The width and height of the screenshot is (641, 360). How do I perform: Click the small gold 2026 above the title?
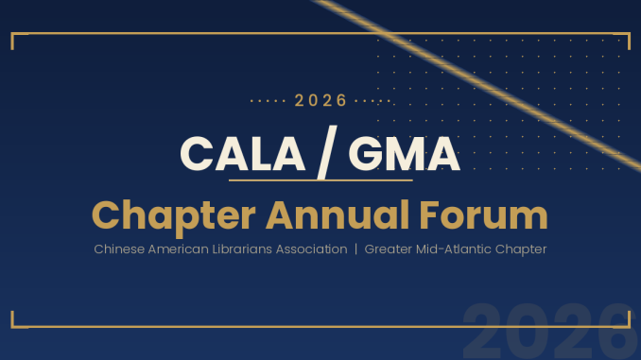[x=320, y=100]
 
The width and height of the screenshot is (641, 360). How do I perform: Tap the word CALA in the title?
[x=242, y=153]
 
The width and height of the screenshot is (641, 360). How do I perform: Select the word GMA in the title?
[x=405, y=153]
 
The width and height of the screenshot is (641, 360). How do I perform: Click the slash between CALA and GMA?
[x=327, y=153]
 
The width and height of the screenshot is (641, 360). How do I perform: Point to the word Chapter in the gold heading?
[x=174, y=216]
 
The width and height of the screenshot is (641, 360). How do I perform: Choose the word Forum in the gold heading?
[x=484, y=215]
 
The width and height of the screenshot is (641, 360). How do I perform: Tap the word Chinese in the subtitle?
[x=119, y=249]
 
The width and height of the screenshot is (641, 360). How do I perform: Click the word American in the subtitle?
[x=179, y=249]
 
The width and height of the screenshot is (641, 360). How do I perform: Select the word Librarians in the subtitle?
[x=242, y=249]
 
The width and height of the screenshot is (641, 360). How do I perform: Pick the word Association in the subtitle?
[x=311, y=249]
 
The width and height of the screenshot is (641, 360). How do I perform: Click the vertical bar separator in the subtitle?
[x=355, y=249]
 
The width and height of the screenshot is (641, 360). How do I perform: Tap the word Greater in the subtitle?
[x=389, y=249]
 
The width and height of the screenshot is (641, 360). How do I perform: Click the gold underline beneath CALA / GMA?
[x=320, y=180]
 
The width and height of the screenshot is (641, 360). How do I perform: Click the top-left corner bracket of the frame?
[x=12, y=34]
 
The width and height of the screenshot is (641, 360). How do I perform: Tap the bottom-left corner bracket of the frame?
[x=12, y=326]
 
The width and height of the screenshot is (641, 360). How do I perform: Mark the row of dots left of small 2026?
[x=268, y=101]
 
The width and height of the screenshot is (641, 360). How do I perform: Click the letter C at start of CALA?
[x=197, y=153]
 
